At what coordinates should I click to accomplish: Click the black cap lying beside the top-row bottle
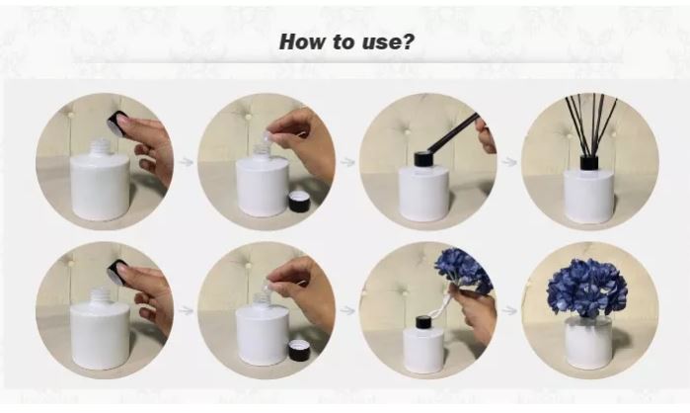(299, 202)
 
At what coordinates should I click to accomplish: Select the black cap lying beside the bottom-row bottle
(299, 350)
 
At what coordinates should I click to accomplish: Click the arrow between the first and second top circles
(187, 162)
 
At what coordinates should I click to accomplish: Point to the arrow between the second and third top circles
(347, 162)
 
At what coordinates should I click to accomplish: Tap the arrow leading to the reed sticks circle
(509, 162)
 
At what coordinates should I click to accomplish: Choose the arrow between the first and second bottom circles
(187, 311)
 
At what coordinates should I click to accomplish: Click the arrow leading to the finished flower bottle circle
(509, 311)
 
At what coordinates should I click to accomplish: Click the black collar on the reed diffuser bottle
(588, 162)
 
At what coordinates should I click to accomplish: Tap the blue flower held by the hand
(463, 269)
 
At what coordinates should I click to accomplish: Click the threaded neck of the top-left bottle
(101, 147)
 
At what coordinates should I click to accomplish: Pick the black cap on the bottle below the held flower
(424, 323)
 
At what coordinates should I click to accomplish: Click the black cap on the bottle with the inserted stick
(422, 159)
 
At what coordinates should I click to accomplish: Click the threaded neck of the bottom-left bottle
(101, 296)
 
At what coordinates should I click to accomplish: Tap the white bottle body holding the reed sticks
(588, 197)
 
